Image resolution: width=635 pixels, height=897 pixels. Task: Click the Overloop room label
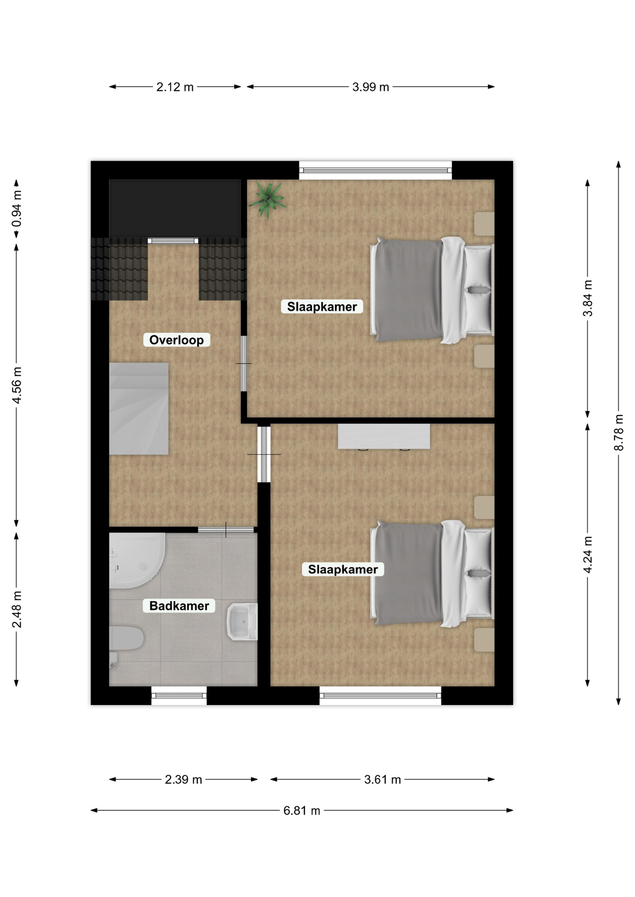click(176, 340)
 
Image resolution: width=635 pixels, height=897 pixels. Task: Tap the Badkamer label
click(179, 605)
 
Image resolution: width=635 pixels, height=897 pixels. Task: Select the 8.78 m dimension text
click(619, 432)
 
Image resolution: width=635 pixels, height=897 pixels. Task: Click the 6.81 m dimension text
click(302, 811)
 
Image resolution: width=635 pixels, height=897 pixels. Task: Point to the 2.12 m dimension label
click(175, 87)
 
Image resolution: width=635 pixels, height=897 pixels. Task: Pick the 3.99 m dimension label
click(371, 87)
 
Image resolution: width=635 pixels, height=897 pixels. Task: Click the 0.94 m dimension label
click(17, 209)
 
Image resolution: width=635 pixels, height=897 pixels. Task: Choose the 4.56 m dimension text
click(17, 385)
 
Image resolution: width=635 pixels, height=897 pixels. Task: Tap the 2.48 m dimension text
click(17, 609)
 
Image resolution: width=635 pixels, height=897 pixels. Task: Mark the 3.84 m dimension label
click(588, 298)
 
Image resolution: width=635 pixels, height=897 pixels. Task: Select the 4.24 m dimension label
click(588, 555)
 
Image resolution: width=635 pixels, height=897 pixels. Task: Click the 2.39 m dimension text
click(183, 779)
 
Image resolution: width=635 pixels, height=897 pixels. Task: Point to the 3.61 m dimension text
click(382, 779)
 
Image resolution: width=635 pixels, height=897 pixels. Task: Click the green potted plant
click(267, 200)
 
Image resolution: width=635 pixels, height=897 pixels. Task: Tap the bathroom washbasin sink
click(242, 621)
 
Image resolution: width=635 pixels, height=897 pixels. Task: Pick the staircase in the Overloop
click(139, 409)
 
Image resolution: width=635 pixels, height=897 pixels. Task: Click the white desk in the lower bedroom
click(384, 437)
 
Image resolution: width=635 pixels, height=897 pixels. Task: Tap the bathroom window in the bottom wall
click(179, 696)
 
